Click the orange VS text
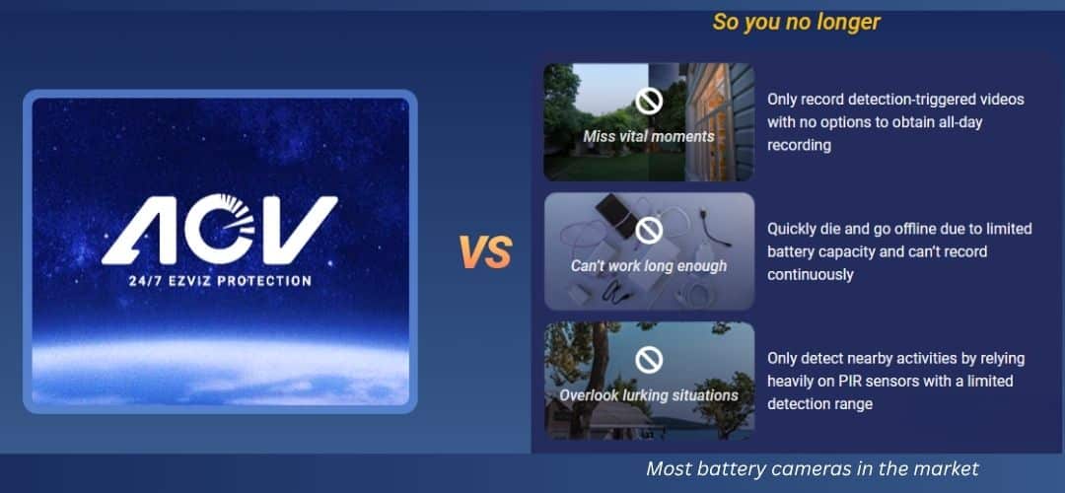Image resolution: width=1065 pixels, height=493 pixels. [x=485, y=252]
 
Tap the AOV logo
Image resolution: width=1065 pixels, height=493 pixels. [x=220, y=231]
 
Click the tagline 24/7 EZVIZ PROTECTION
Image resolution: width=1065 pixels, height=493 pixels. [x=220, y=281]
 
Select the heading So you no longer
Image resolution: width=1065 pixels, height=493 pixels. [x=797, y=22]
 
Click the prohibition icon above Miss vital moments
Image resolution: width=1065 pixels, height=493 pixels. [x=648, y=101]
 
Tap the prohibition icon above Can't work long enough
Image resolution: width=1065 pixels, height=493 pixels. [x=648, y=230]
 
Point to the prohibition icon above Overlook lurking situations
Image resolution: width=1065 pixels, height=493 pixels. [x=648, y=360]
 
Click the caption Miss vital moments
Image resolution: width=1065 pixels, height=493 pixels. [x=648, y=136]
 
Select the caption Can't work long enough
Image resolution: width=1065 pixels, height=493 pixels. [x=648, y=266]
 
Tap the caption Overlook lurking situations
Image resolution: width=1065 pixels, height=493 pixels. [x=648, y=395]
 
